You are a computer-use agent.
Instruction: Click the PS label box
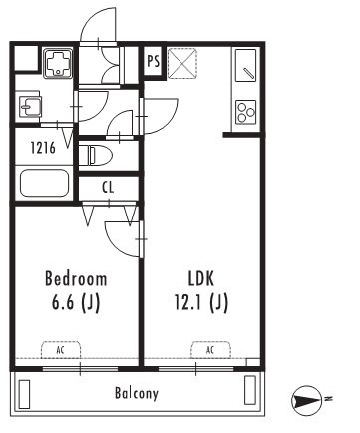(x=154, y=61)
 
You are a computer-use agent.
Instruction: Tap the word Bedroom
(x=76, y=279)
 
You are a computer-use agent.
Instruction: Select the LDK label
(x=201, y=279)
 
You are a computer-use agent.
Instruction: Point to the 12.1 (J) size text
(x=201, y=302)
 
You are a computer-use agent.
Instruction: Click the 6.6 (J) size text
(x=76, y=302)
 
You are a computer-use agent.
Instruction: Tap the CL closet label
(x=108, y=188)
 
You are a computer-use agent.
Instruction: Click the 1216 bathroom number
(x=43, y=148)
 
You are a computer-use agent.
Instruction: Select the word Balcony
(x=137, y=393)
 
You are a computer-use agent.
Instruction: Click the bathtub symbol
(x=44, y=183)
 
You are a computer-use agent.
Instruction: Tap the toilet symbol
(x=96, y=155)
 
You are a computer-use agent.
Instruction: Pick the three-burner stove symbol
(x=246, y=112)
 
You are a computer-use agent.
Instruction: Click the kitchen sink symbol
(x=245, y=65)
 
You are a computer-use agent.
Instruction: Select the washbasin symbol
(x=30, y=107)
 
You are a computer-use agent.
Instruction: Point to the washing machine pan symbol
(x=58, y=64)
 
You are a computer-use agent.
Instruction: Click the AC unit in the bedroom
(x=61, y=350)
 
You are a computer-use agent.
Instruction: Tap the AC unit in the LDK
(x=210, y=350)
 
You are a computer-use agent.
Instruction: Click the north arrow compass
(x=306, y=401)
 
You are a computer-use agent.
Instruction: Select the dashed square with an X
(x=181, y=63)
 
